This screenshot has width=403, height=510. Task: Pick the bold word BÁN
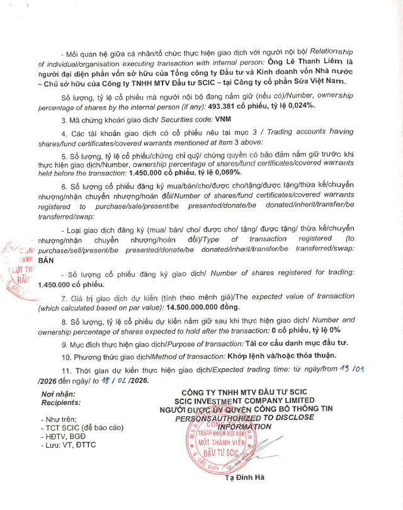click(x=47, y=259)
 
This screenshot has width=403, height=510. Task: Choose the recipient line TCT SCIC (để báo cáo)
click(x=78, y=426)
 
